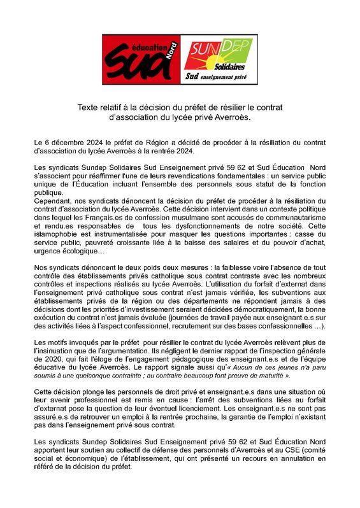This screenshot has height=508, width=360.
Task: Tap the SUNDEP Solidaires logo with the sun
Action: [x=218, y=60]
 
